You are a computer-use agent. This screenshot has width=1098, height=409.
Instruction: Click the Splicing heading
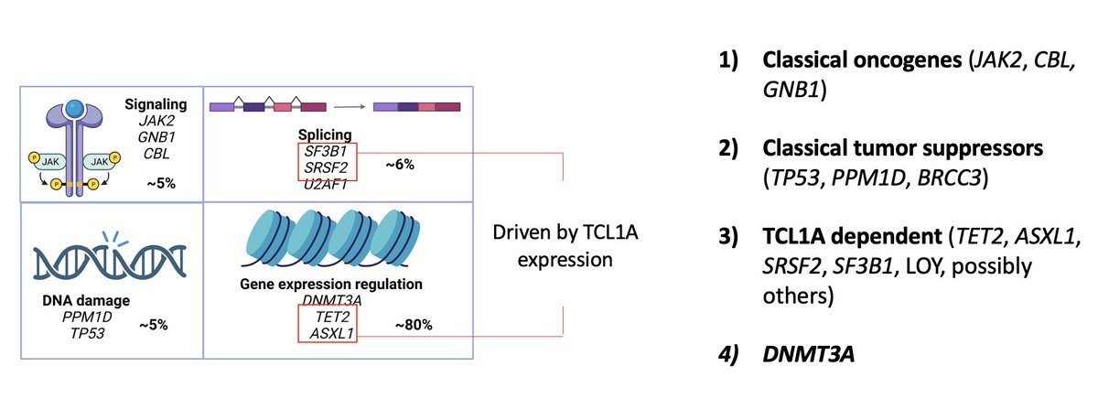[x=327, y=134]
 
